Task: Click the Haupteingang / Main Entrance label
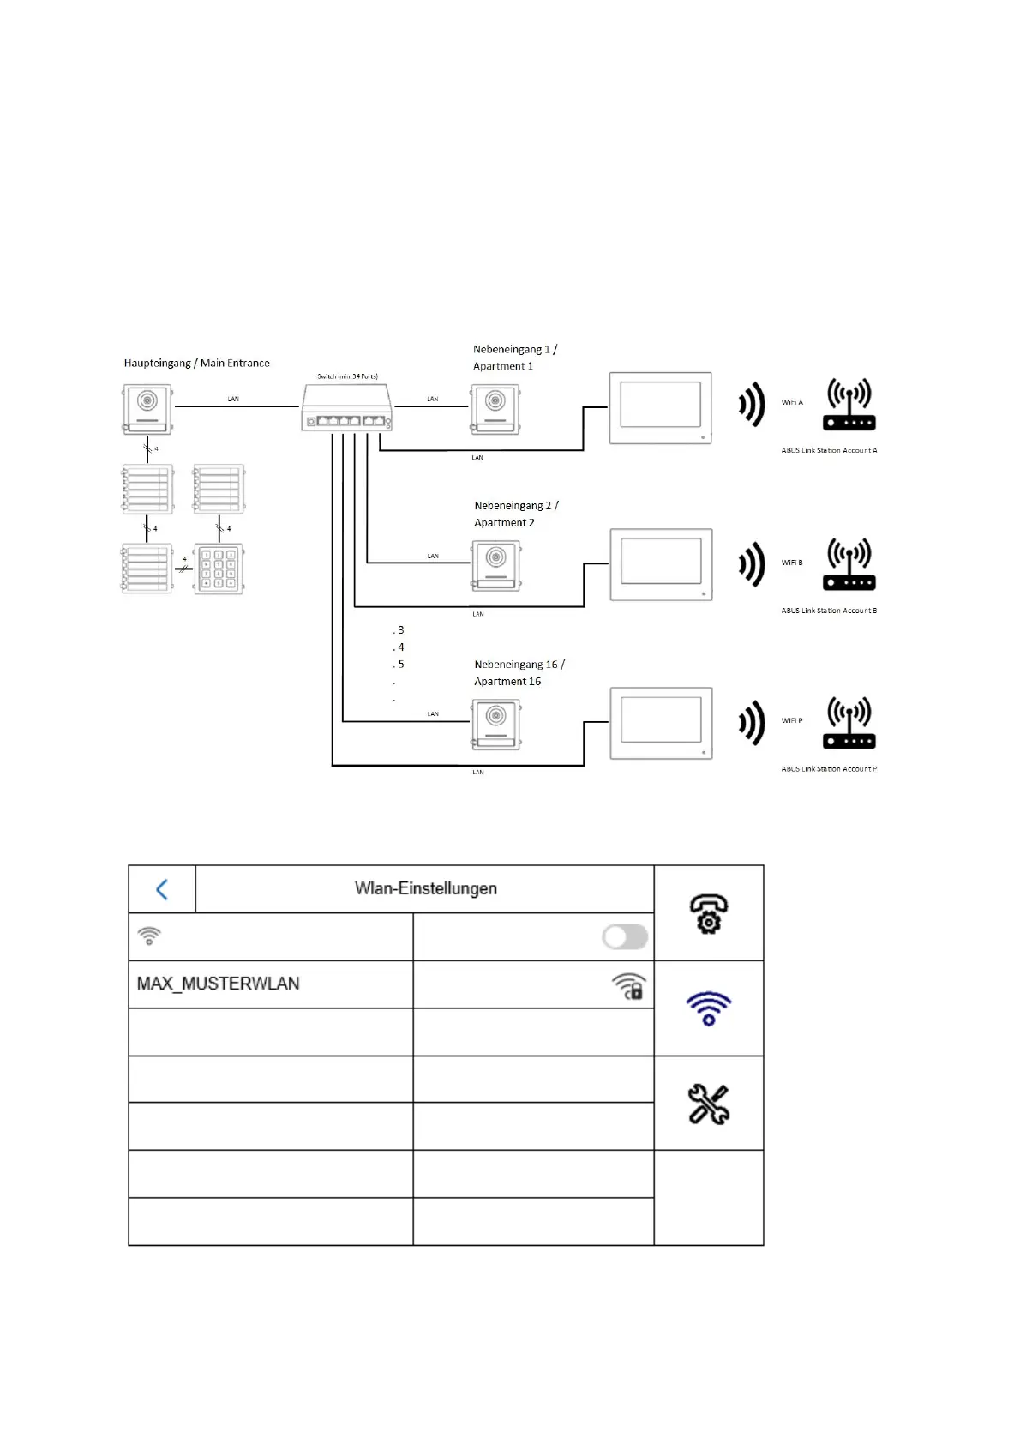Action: pos(196,363)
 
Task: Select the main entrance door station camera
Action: pos(147,408)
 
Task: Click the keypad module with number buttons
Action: pos(219,568)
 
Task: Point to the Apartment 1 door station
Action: pos(495,408)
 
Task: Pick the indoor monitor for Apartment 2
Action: pos(661,564)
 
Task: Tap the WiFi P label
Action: pos(792,720)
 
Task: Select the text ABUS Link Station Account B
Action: pos(829,611)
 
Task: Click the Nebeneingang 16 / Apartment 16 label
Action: pos(519,672)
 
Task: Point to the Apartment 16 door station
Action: pos(496,725)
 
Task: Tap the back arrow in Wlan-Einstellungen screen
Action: pos(162,889)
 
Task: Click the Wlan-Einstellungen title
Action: pos(426,888)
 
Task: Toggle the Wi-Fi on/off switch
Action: pos(625,936)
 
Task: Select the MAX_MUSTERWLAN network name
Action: pos(219,984)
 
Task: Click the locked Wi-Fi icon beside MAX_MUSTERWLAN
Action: pos(629,986)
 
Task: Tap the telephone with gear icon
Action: pos(709,913)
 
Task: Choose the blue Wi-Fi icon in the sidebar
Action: pos(709,1008)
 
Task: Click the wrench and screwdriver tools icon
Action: pos(709,1104)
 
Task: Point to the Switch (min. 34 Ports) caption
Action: pos(347,376)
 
